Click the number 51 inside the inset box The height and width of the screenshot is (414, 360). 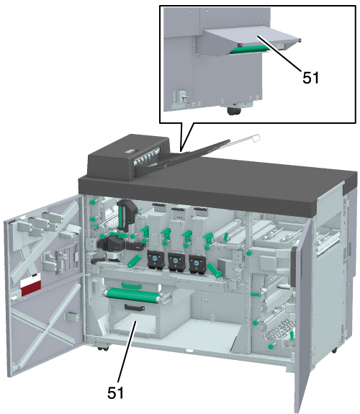click(310, 78)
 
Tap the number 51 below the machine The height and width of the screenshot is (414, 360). click(115, 392)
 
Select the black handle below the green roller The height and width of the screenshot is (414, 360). click(135, 307)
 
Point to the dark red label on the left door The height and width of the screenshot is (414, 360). click(31, 288)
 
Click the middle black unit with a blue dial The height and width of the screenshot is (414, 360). click(176, 262)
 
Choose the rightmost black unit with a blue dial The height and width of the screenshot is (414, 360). click(197, 264)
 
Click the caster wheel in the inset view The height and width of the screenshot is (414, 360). click(234, 111)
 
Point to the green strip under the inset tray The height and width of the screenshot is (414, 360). click(249, 50)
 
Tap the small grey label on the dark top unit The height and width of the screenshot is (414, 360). click(130, 151)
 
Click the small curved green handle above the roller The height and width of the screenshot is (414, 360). click(132, 285)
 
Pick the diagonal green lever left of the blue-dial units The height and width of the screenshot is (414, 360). click(135, 261)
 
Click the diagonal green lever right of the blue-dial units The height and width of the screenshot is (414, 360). click(215, 270)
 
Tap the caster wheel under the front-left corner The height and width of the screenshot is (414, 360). click(103, 348)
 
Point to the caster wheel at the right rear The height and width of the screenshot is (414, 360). click(334, 351)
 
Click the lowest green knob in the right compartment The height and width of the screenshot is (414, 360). click(271, 346)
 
